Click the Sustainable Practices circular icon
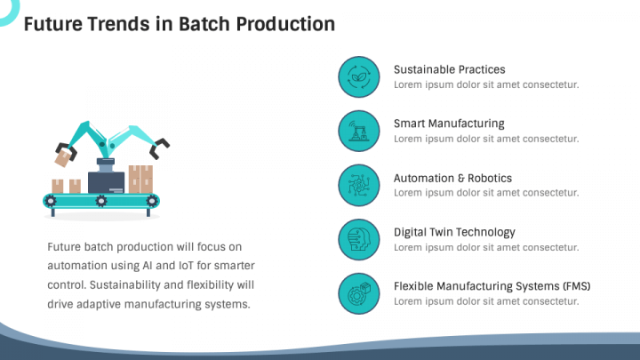(359, 76)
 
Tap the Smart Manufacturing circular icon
(359, 131)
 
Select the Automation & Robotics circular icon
(359, 185)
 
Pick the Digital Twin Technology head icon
(359, 239)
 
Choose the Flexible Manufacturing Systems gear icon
(359, 293)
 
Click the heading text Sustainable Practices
(449, 69)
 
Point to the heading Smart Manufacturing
(448, 124)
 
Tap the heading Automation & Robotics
(452, 178)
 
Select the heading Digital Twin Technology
(454, 232)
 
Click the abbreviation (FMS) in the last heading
(576, 286)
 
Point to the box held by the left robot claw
(63, 159)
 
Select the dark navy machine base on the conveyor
(107, 182)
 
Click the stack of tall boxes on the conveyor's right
(140, 179)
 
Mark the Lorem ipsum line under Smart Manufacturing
(486, 139)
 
